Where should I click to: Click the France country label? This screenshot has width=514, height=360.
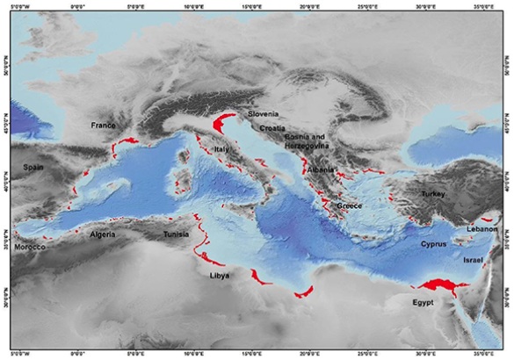point(103,126)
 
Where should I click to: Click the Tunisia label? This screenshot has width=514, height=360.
point(177,235)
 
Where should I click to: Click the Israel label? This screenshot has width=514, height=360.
point(473,261)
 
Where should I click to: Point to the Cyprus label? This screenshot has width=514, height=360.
point(434,244)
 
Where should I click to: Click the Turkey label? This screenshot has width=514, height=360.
point(433,193)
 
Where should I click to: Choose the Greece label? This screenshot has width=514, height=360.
point(350,206)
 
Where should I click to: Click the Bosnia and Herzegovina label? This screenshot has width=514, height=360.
point(305,142)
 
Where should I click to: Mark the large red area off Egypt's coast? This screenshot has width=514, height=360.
point(441,284)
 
